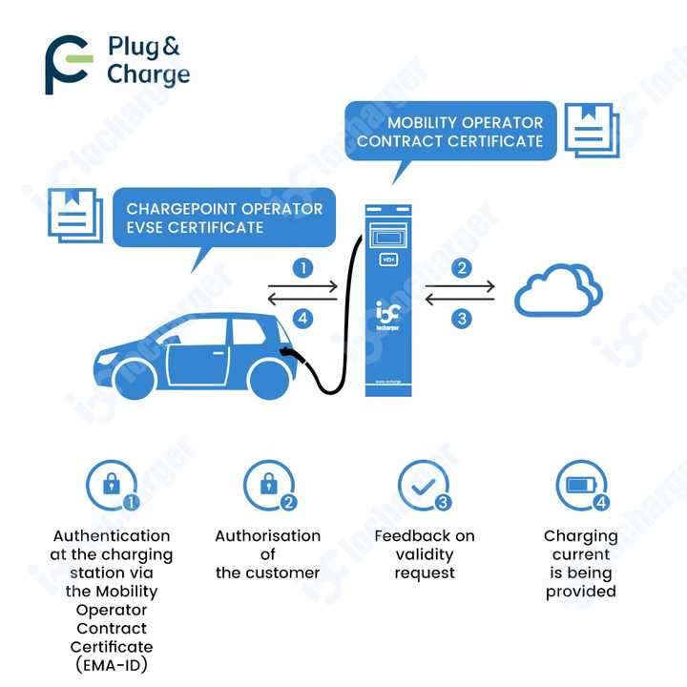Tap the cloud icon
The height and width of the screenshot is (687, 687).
tap(557, 291)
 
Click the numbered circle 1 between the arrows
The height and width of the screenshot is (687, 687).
tap(303, 268)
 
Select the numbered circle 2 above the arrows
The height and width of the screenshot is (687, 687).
tap(462, 268)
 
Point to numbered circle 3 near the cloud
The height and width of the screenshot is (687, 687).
tap(462, 319)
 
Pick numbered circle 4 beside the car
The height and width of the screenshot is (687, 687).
tap(303, 319)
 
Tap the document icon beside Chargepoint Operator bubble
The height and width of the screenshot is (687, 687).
tap(74, 215)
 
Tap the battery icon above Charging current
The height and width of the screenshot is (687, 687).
tap(579, 484)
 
